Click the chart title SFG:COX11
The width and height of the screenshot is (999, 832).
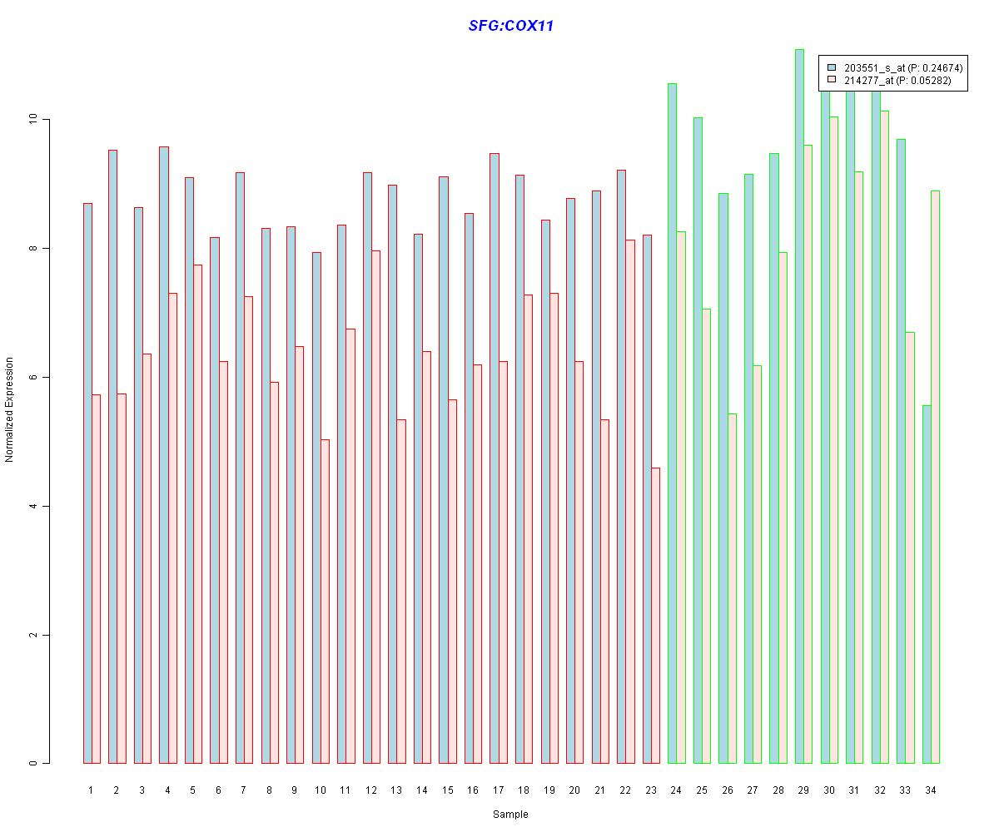(510, 26)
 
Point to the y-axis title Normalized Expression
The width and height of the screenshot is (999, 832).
(9, 409)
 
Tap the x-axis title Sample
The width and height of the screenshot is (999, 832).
(510, 815)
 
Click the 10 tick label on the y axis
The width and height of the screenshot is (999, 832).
(34, 120)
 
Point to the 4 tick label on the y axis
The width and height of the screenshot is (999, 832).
(34, 507)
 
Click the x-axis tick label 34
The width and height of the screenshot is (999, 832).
(930, 790)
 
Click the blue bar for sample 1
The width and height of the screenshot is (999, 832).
(87, 483)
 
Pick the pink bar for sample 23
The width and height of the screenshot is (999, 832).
(655, 616)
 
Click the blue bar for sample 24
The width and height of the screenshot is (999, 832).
(672, 423)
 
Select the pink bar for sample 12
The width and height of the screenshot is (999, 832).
(375, 507)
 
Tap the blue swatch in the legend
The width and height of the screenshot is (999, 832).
(832, 67)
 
